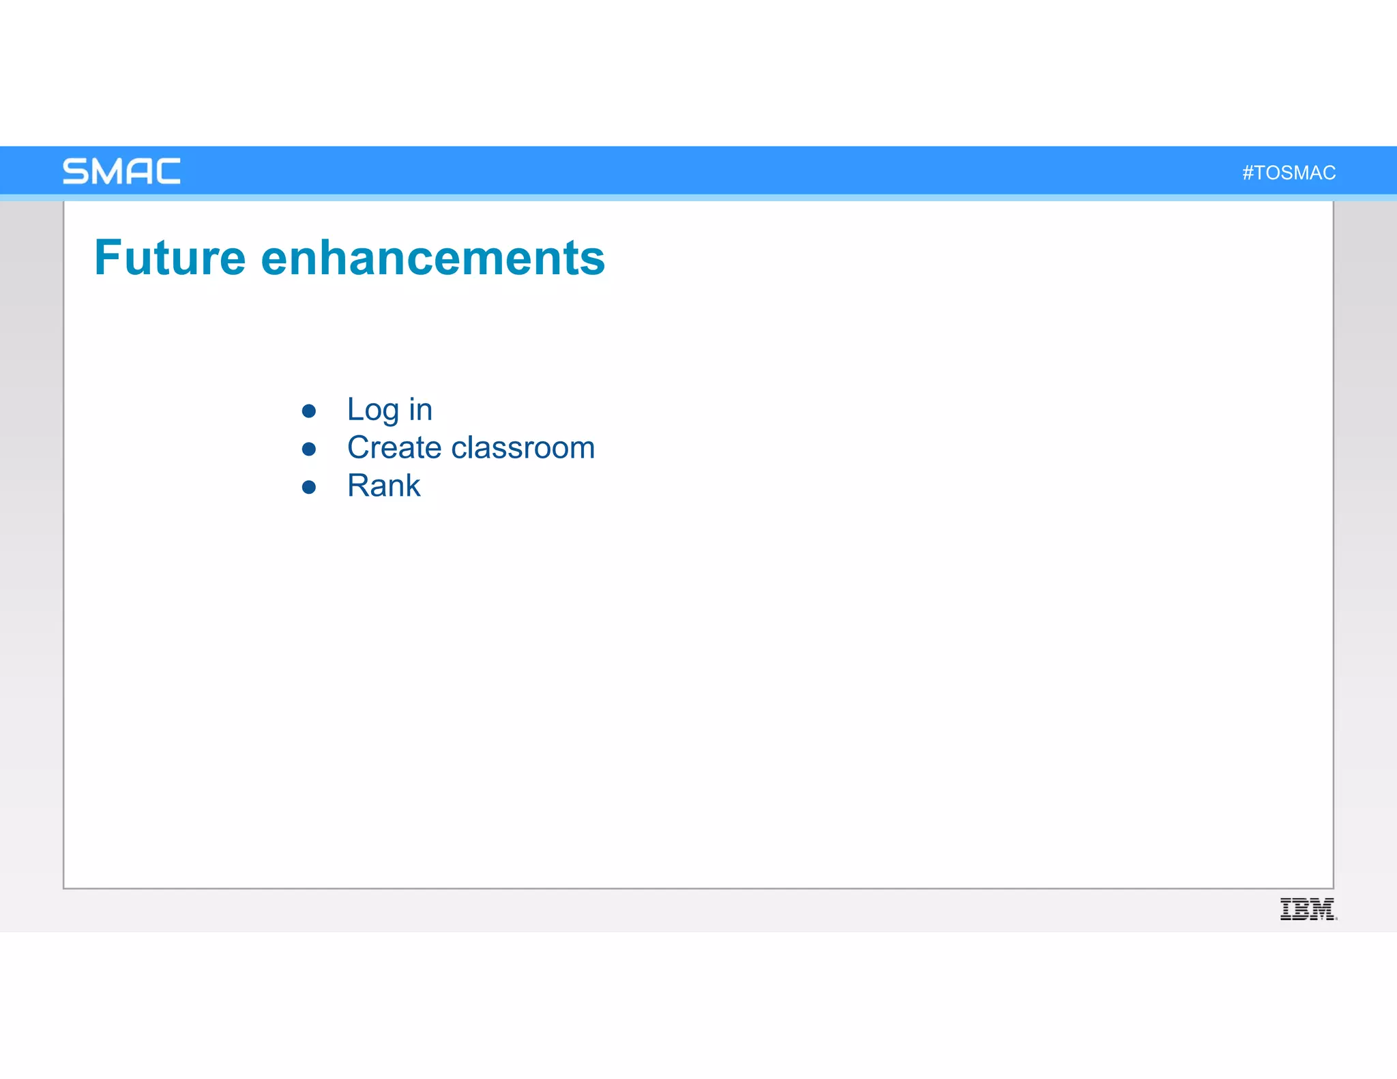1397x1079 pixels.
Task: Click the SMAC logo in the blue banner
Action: [x=121, y=171]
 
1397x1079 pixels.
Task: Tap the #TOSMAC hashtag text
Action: [x=1289, y=173]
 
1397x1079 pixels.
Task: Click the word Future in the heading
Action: [x=170, y=258]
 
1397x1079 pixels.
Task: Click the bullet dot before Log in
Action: [x=309, y=411]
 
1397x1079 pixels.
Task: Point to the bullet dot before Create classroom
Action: [x=309, y=449]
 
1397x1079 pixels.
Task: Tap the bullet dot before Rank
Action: [x=309, y=487]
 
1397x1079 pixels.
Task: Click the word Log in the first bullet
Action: [x=372, y=410]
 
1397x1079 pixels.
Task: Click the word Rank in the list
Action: [x=383, y=486]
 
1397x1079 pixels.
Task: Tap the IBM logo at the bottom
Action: [x=1308, y=909]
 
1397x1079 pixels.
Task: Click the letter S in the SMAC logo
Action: [x=75, y=171]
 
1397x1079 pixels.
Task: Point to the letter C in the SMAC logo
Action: [x=168, y=171]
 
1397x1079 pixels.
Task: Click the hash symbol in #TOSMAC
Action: [x=1248, y=173]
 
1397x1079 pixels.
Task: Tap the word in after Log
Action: [x=420, y=410]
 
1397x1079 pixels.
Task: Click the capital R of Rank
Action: [x=359, y=486]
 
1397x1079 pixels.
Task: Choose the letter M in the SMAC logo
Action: [x=106, y=171]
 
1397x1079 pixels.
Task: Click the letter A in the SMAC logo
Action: [x=138, y=171]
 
